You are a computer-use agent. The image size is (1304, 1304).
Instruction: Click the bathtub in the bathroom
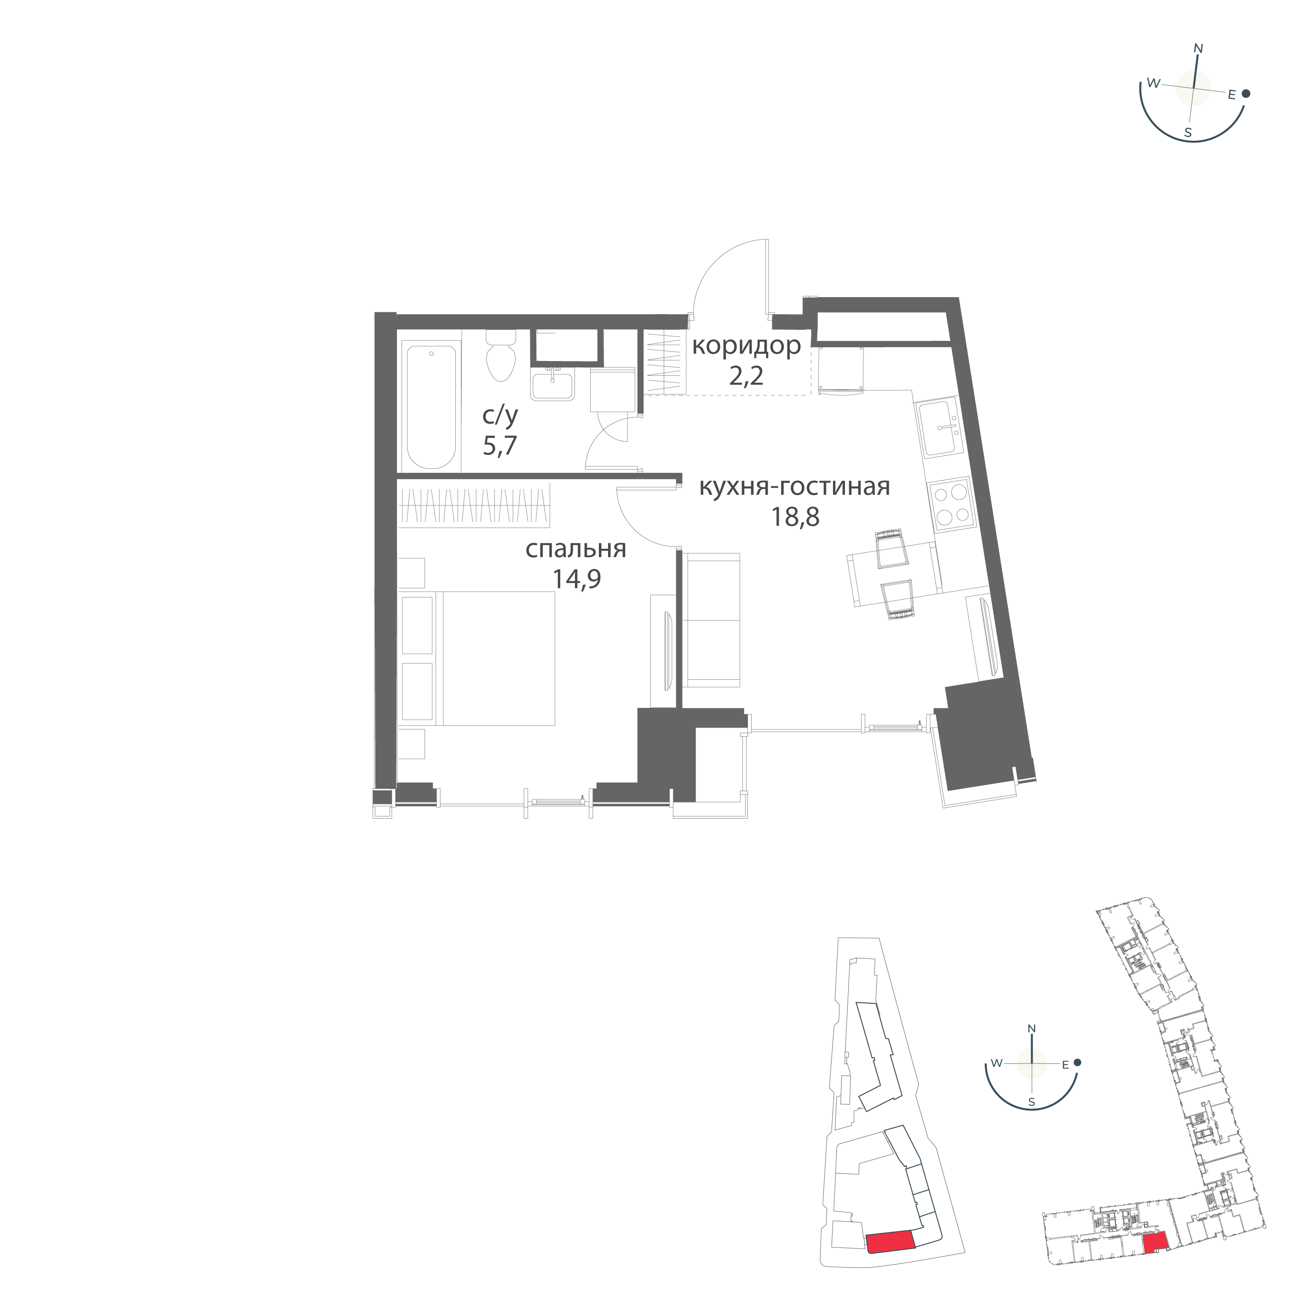[x=431, y=405]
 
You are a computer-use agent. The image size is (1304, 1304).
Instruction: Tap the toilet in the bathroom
[x=500, y=358]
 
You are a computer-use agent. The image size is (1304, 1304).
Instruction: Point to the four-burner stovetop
[x=950, y=505]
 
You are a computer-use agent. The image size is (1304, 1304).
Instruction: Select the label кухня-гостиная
[x=794, y=486]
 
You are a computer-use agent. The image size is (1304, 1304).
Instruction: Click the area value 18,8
[x=795, y=517]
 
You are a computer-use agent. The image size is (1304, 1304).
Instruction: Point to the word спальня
[x=576, y=549]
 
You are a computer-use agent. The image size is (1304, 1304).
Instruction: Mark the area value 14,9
[x=576, y=579]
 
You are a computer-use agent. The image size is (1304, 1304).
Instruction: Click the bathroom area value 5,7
[x=500, y=446]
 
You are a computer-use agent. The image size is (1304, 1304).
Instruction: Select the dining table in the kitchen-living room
[x=893, y=573]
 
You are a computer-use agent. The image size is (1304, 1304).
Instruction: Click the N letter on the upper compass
[x=1199, y=49]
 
